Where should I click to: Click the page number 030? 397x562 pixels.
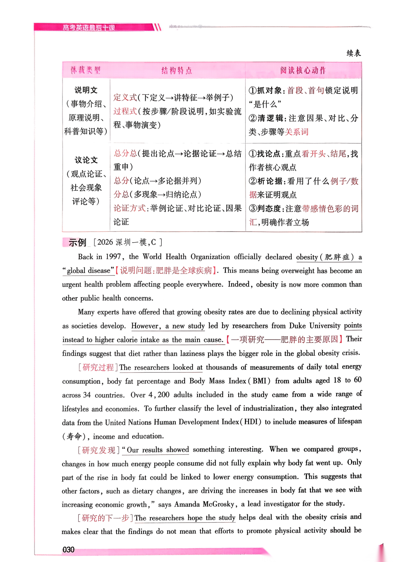tap(68, 549)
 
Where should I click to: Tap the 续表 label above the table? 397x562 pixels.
tap(354, 53)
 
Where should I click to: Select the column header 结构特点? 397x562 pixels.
tap(177, 70)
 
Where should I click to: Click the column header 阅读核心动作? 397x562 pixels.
tap(303, 70)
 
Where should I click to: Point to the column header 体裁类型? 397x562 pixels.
tap(86, 70)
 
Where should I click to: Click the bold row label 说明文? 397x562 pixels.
tap(86, 90)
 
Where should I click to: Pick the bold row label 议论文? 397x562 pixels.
tap(86, 160)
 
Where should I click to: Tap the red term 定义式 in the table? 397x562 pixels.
tap(125, 98)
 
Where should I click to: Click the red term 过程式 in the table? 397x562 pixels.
tap(125, 111)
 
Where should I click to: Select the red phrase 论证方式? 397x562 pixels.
tap(129, 208)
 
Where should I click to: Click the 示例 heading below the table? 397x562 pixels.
tap(77, 242)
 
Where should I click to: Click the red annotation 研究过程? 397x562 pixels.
tap(98, 367)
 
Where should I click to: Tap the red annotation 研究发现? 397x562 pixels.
tap(99, 450)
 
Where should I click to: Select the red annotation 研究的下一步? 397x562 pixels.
tap(105, 518)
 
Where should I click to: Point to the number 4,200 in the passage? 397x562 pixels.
tap(159, 395)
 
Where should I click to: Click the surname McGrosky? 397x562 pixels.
tap(218, 504)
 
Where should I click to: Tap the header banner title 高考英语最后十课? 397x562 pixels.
tap(89, 28)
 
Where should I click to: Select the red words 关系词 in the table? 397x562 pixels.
tap(297, 132)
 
